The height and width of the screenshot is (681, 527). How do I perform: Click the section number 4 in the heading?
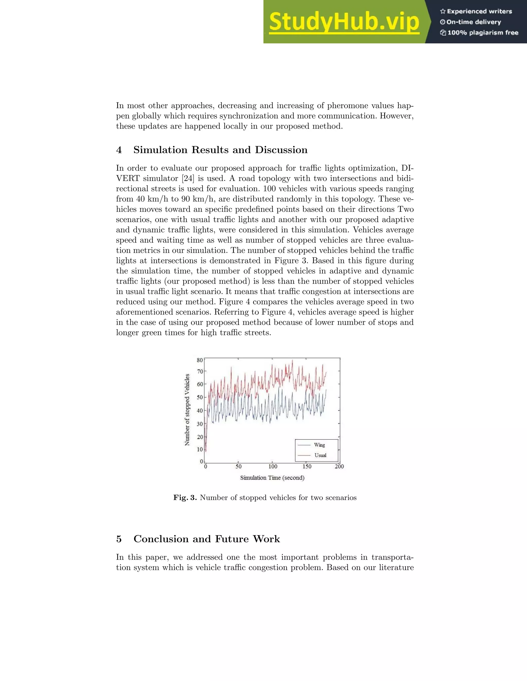[119, 150]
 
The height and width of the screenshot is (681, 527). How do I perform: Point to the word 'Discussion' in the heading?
[281, 150]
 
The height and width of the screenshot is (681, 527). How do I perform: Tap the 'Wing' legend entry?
[319, 445]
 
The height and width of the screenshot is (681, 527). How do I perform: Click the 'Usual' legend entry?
[320, 455]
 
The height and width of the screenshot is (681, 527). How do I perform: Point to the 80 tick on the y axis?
[200, 360]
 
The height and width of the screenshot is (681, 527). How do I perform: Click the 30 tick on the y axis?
[200, 424]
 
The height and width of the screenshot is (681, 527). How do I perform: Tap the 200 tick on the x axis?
[339, 466]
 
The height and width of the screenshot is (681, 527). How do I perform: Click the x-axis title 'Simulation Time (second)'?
[272, 478]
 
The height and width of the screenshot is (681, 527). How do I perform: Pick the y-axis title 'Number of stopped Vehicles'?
[187, 410]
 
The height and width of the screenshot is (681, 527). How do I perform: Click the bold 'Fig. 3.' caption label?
[185, 498]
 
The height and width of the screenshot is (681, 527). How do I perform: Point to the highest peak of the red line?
[293, 361]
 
